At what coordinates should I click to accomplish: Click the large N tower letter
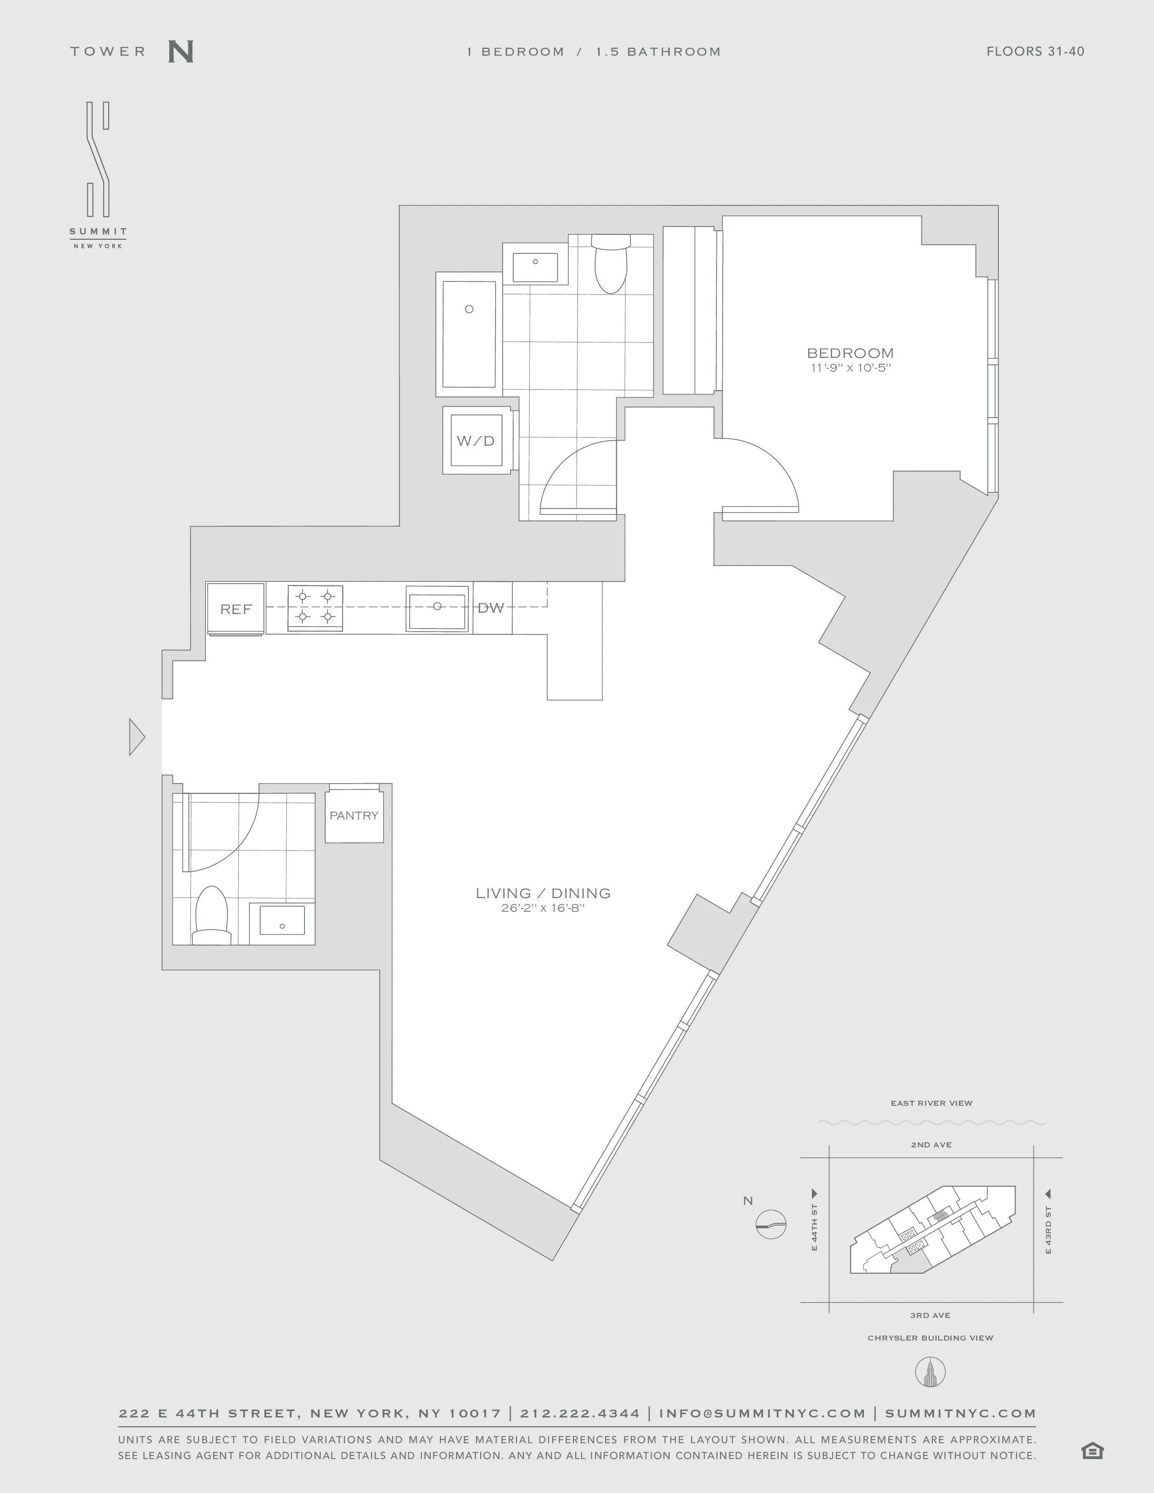(x=181, y=52)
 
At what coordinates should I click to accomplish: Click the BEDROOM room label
(x=850, y=353)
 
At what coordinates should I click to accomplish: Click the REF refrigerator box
(x=236, y=609)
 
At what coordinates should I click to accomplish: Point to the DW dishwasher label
(x=491, y=608)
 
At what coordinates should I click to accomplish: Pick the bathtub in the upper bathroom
(x=469, y=334)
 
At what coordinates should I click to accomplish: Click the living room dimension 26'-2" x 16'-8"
(x=543, y=908)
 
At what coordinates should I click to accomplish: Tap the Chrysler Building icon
(x=930, y=1372)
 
